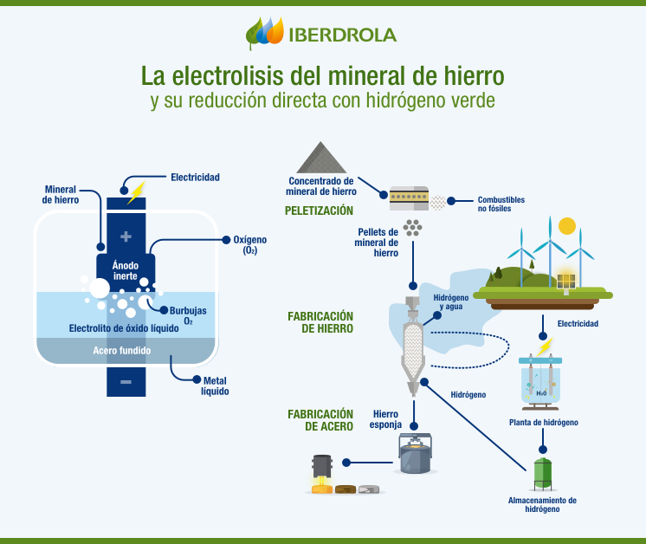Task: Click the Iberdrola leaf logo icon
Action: point(265,34)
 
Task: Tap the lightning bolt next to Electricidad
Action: point(136,191)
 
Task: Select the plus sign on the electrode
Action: point(126,236)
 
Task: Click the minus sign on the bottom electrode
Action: point(126,381)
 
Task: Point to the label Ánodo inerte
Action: point(126,269)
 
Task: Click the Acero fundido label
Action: point(122,351)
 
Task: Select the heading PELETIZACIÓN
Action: point(319,210)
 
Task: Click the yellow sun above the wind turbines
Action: point(567,226)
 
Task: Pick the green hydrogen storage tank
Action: point(543,473)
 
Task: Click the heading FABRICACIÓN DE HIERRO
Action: point(320,322)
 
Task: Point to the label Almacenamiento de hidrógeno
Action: point(542,504)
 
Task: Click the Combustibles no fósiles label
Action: point(501,204)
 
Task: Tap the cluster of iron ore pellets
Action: point(415,227)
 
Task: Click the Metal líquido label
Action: point(215,385)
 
